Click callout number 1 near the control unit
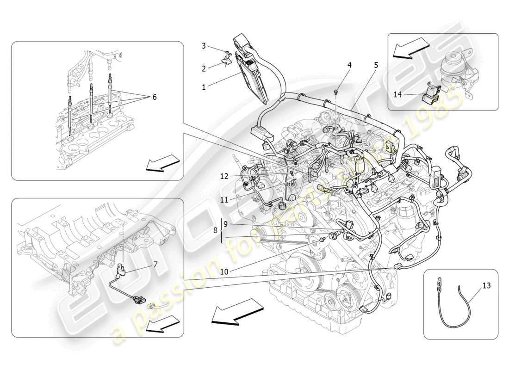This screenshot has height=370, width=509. (x=204, y=86)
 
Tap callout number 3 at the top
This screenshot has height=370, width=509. (x=204, y=45)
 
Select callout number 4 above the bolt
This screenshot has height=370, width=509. (x=349, y=65)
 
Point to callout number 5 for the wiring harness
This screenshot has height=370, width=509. (x=376, y=65)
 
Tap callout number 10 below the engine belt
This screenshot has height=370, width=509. (x=224, y=272)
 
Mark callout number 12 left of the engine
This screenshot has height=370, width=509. (x=224, y=176)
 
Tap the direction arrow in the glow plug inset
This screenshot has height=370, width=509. (x=162, y=163)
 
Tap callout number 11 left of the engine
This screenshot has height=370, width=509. (x=224, y=200)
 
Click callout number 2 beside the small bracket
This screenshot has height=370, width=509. (x=204, y=68)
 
